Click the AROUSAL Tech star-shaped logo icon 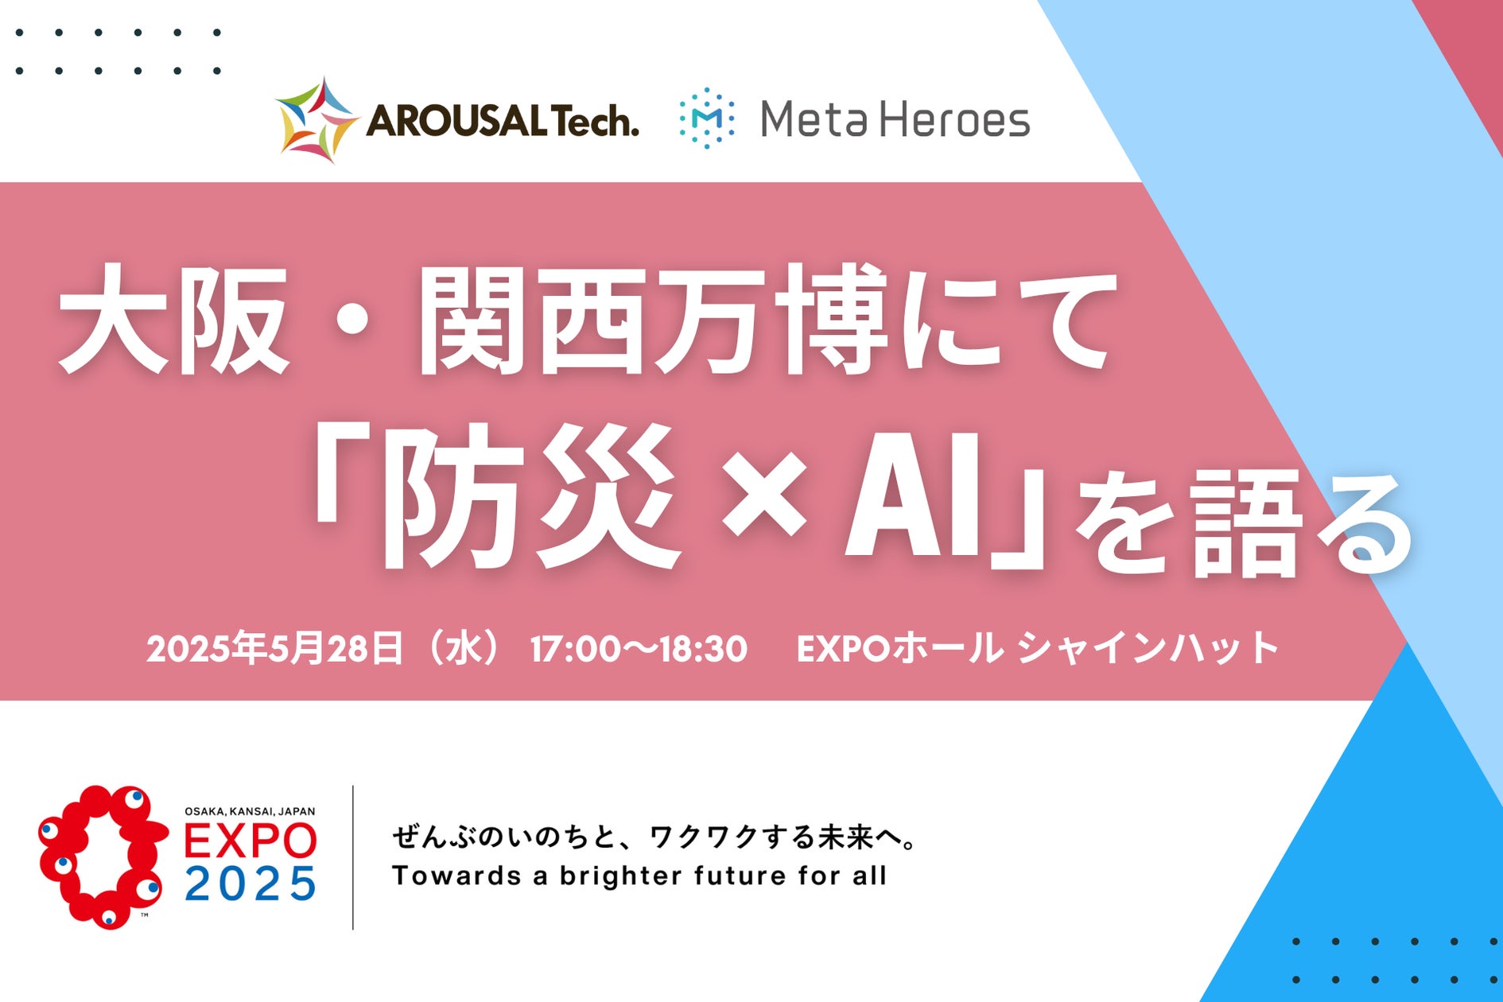(x=316, y=120)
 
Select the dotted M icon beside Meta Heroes (x=706, y=118)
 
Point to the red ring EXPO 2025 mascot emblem (x=102, y=856)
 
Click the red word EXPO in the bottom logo (x=250, y=841)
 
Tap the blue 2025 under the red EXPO (x=250, y=884)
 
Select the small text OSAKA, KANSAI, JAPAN (x=250, y=811)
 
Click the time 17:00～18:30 (x=639, y=649)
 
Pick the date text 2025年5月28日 (x=274, y=649)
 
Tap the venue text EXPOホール (x=899, y=649)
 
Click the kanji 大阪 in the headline (x=173, y=320)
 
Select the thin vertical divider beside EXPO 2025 (x=352, y=857)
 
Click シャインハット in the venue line (x=1148, y=649)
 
